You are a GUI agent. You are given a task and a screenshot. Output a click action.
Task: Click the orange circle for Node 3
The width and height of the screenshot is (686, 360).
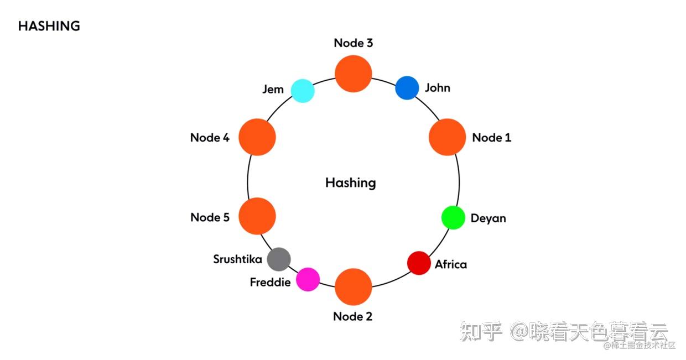click(354, 74)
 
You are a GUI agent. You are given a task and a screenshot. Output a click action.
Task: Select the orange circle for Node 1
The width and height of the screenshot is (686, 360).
click(447, 137)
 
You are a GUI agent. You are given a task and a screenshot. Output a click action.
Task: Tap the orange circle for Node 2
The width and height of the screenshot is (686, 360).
click(354, 287)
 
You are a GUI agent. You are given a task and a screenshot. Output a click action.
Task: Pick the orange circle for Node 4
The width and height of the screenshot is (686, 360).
click(257, 137)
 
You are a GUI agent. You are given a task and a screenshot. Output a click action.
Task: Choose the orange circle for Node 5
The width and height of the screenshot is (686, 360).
click(257, 216)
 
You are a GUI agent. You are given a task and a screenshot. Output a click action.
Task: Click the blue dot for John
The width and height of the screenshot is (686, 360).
click(407, 88)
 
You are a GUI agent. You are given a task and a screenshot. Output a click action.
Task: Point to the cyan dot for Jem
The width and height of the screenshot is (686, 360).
click(303, 91)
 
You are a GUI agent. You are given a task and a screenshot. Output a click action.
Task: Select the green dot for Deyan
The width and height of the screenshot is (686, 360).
click(453, 217)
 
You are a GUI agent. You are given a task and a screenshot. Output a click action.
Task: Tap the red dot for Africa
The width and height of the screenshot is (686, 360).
click(419, 263)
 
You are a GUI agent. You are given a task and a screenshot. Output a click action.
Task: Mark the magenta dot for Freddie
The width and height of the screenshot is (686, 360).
click(308, 279)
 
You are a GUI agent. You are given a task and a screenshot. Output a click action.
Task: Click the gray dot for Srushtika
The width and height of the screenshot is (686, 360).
click(279, 259)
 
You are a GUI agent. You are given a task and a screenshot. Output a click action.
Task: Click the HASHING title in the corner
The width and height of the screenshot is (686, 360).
click(49, 26)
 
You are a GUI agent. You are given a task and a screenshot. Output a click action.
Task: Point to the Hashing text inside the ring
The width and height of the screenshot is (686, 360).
click(350, 183)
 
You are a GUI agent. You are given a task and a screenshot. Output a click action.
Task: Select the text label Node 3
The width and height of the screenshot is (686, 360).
click(353, 43)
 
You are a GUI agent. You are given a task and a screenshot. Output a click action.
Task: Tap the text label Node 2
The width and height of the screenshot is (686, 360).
click(352, 317)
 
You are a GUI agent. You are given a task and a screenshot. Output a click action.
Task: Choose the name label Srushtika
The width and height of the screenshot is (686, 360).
click(237, 259)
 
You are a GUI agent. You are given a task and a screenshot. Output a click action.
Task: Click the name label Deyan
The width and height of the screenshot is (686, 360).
click(488, 218)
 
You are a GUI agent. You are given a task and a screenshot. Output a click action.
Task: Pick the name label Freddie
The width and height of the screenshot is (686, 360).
click(270, 283)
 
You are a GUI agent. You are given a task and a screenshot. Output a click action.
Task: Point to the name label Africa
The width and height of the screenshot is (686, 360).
click(450, 264)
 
